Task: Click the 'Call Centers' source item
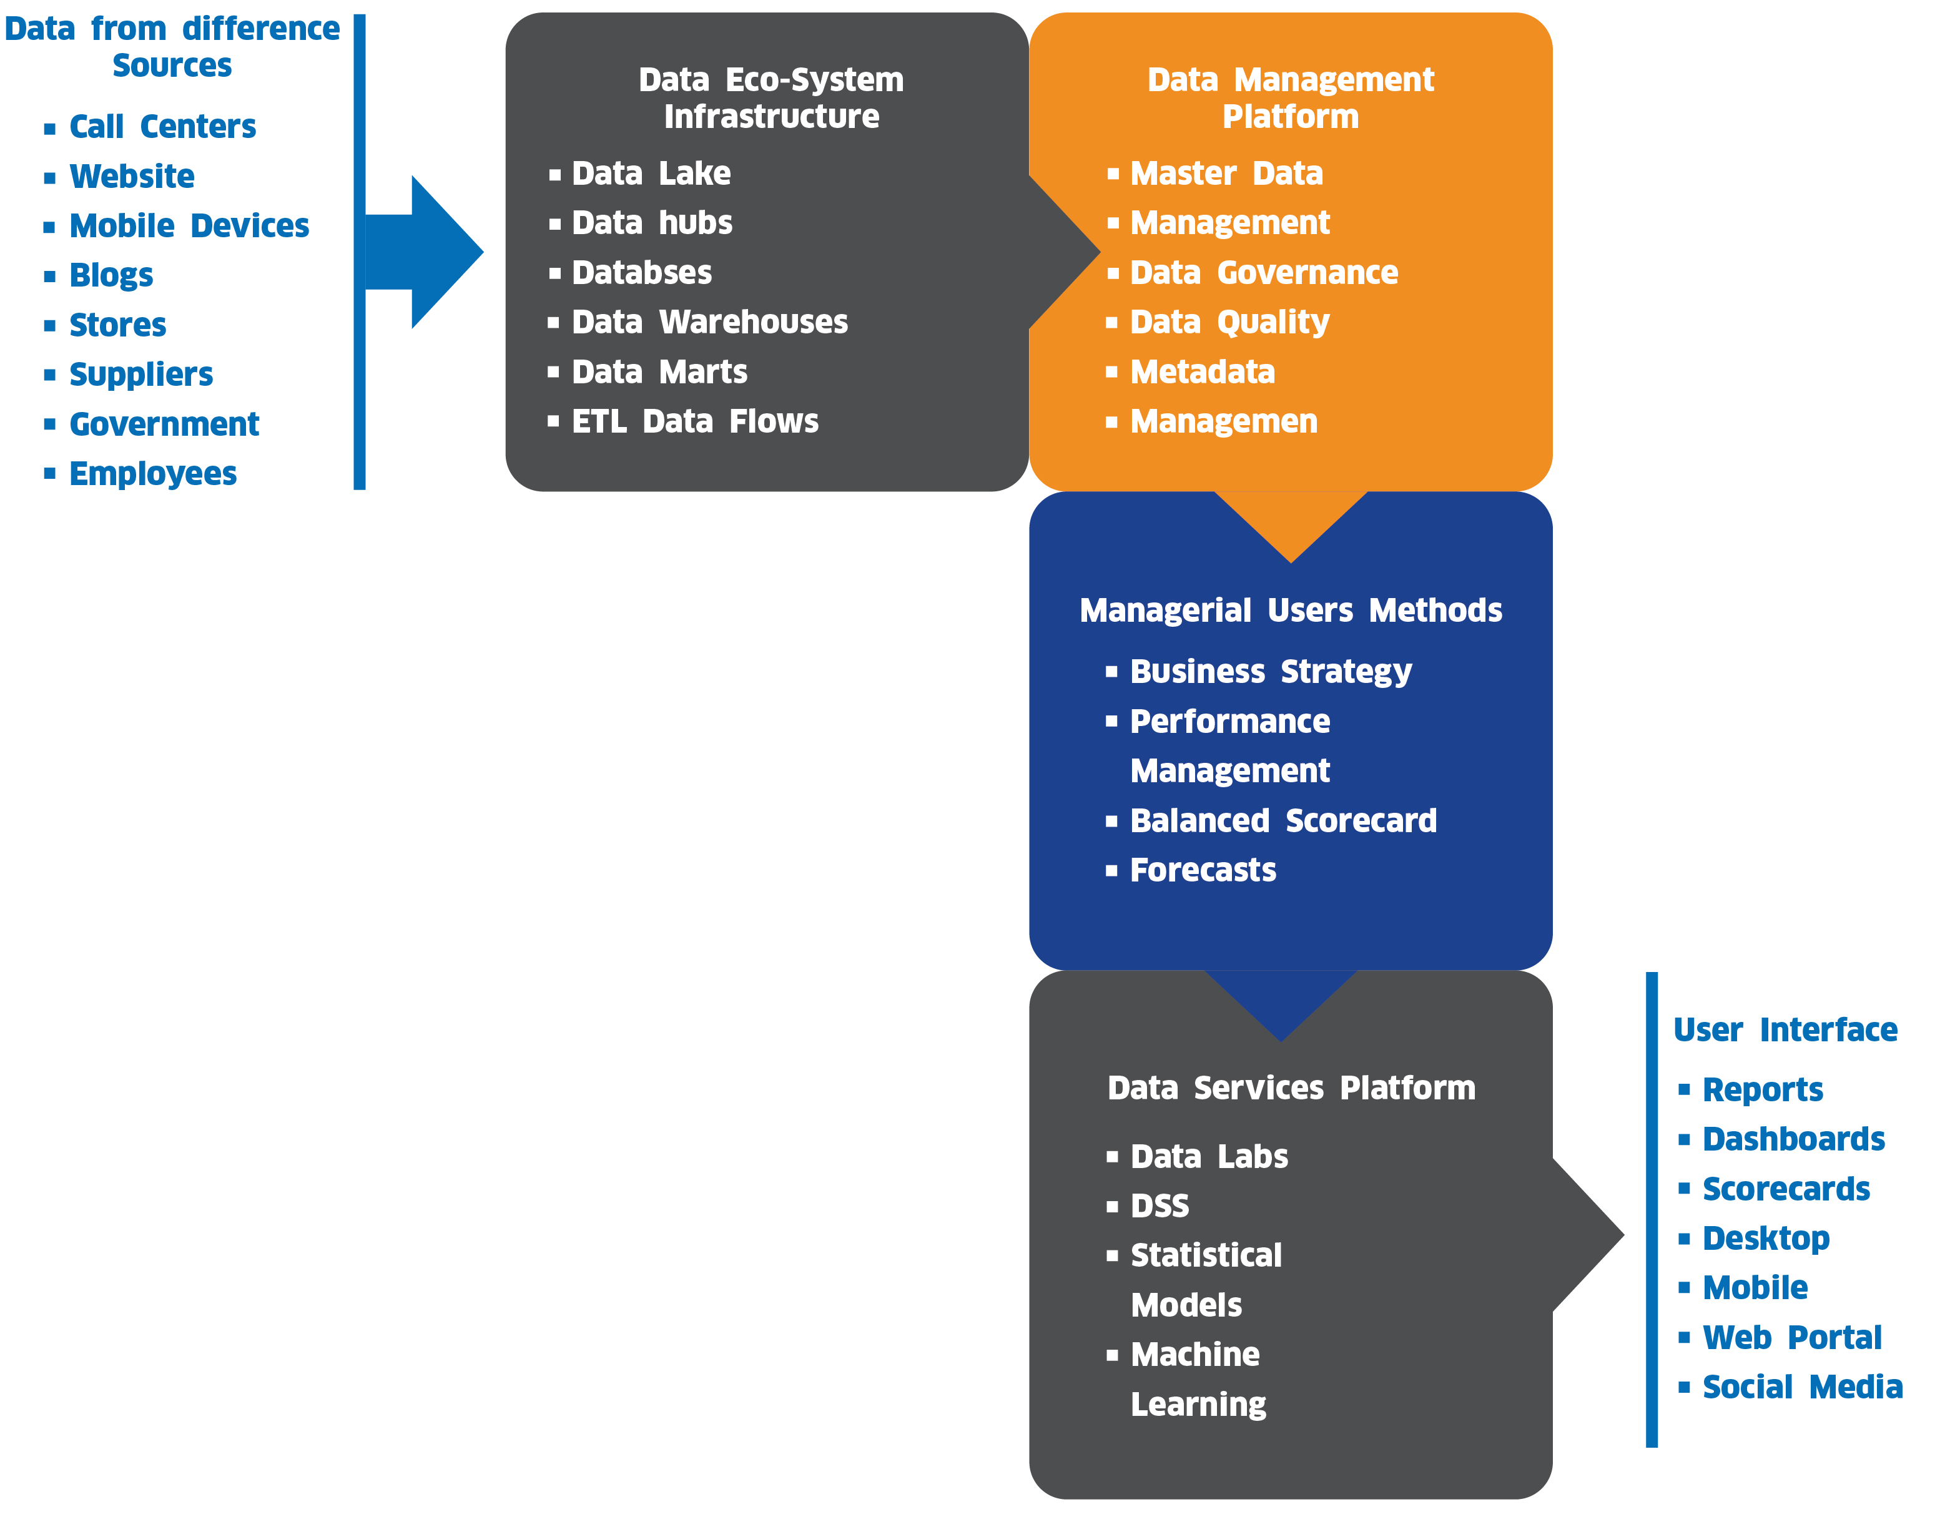pos(162,127)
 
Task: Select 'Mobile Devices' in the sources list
pos(189,226)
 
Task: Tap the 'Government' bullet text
pos(164,425)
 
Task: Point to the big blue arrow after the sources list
pos(431,252)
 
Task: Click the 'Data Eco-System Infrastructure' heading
pos(771,98)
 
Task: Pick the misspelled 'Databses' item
pos(641,273)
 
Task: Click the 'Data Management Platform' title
pos(1290,98)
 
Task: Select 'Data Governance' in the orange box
pos(1263,273)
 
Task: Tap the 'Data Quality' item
pos(1229,322)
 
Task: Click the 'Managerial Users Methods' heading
pos(1290,611)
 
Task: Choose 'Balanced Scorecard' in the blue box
pos(1283,821)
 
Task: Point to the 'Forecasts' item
pos(1202,870)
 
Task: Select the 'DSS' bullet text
pos(1159,1206)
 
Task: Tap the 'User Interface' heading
pos(1785,1029)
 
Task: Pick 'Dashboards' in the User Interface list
pos(1793,1139)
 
